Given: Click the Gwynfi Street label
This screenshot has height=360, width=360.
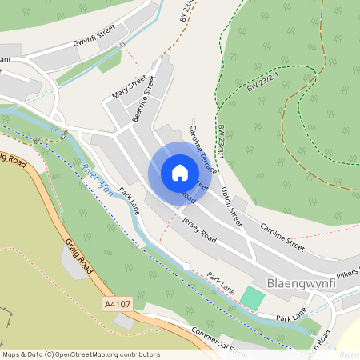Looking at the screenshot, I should click(x=94, y=34).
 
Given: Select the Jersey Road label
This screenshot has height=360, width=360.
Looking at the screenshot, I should click(x=198, y=230).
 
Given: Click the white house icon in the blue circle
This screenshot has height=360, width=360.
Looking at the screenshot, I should click(x=179, y=173).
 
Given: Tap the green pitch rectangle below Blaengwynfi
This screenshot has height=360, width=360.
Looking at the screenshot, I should click(x=253, y=297).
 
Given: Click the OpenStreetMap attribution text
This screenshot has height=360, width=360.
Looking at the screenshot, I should click(x=80, y=354).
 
